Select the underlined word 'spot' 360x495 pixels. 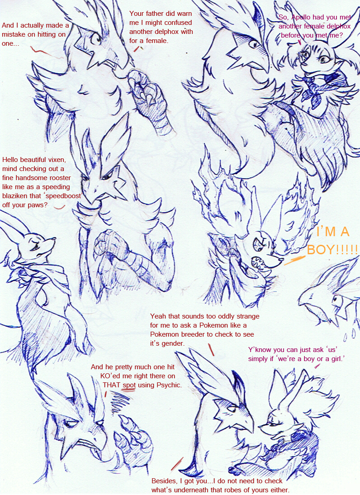coord(129,385)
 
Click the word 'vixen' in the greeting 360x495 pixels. coord(56,159)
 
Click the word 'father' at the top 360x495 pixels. coord(156,13)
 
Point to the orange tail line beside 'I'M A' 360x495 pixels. coord(295,260)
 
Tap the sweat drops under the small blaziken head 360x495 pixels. coord(350,334)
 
